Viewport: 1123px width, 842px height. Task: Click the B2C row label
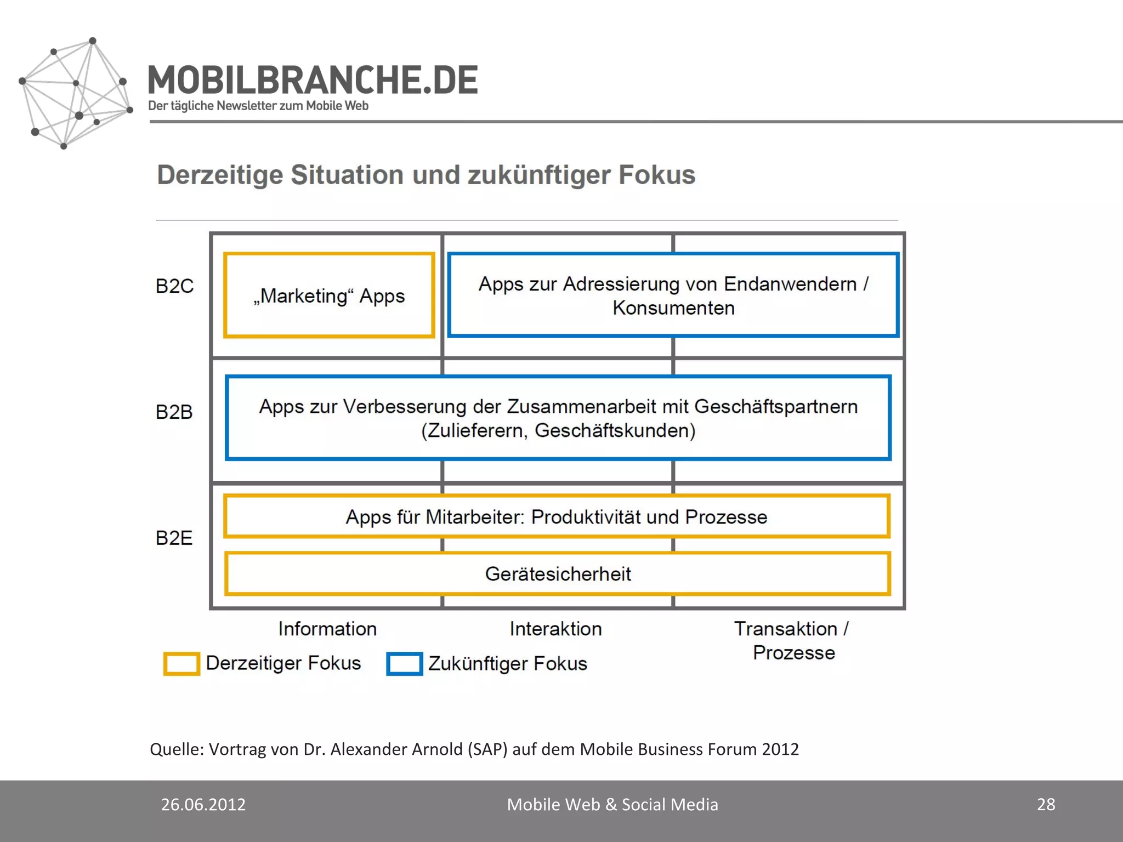(x=174, y=286)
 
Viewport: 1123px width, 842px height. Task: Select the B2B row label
(x=174, y=412)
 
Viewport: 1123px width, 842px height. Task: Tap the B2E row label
(x=174, y=538)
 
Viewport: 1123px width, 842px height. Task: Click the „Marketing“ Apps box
(x=329, y=296)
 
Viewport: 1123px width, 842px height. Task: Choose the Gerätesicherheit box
(x=558, y=574)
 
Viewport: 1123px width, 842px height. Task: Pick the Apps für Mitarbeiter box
(x=556, y=517)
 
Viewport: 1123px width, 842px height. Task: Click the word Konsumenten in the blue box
(x=673, y=308)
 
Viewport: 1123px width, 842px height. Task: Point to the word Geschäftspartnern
(x=776, y=407)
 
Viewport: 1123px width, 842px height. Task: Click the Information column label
(x=327, y=629)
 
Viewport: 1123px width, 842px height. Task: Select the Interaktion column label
(x=555, y=629)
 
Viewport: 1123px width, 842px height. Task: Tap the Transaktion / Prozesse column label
(x=793, y=640)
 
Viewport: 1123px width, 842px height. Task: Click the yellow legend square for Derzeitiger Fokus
(x=182, y=664)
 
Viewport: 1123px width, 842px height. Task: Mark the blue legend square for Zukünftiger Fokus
(x=405, y=664)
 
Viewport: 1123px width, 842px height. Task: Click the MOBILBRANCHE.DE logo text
(x=313, y=80)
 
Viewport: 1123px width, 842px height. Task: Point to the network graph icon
(x=76, y=93)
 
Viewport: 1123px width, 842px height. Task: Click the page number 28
(x=1046, y=804)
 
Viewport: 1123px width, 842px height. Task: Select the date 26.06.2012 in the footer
(x=203, y=804)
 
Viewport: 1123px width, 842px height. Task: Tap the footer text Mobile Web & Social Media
(x=612, y=804)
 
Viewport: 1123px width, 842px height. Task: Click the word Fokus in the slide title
(x=656, y=175)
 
